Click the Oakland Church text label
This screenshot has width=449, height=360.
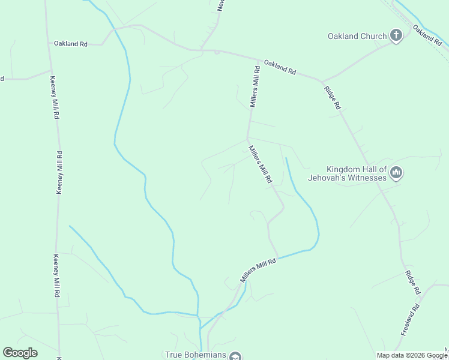357,36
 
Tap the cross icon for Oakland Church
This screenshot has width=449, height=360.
396,35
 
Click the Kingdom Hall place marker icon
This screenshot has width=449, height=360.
396,173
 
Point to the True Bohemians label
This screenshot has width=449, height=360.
196,355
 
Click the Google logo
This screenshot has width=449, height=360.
20,353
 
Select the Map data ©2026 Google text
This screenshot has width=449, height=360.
412,355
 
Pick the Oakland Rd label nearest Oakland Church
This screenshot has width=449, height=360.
427,35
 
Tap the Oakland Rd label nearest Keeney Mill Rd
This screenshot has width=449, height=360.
71,44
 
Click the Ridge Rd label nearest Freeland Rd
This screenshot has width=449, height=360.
412,281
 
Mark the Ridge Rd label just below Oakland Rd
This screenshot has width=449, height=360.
332,97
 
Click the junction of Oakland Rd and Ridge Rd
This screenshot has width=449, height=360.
322,80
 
